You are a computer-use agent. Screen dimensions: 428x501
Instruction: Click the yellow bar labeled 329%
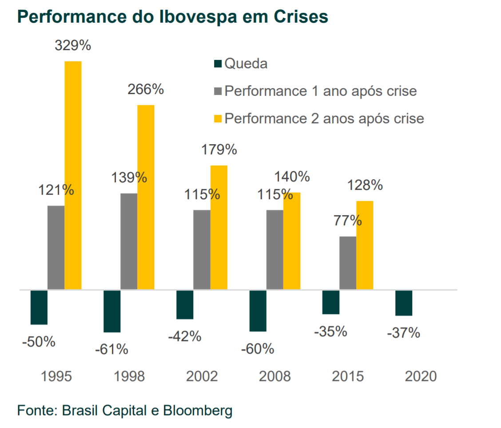coord(73,175)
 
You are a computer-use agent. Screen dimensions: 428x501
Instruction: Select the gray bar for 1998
coord(129,241)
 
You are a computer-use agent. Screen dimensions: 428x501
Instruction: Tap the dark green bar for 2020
coord(404,303)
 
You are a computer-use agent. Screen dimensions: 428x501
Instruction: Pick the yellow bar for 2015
coord(365,245)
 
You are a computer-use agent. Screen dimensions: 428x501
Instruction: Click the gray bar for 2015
coord(348,263)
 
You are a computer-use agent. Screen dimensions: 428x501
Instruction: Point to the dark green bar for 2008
coord(258,310)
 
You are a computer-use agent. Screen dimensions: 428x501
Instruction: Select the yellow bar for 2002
coord(219,227)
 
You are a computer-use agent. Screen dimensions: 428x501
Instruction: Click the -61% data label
coord(111,349)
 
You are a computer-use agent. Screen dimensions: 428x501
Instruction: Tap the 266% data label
coord(146,90)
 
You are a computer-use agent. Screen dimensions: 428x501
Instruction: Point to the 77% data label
coord(348,220)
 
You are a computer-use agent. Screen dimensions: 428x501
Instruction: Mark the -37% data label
coord(403,333)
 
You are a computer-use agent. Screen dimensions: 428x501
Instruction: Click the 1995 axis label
coord(56,377)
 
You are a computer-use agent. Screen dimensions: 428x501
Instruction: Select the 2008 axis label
coord(275,377)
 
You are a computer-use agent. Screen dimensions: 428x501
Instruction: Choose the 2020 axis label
coord(421,377)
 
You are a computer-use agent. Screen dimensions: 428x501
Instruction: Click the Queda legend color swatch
coord(218,64)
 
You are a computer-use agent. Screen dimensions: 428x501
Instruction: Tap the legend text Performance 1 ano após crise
coord(321,91)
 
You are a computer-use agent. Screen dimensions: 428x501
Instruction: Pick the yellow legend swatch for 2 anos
coord(218,119)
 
